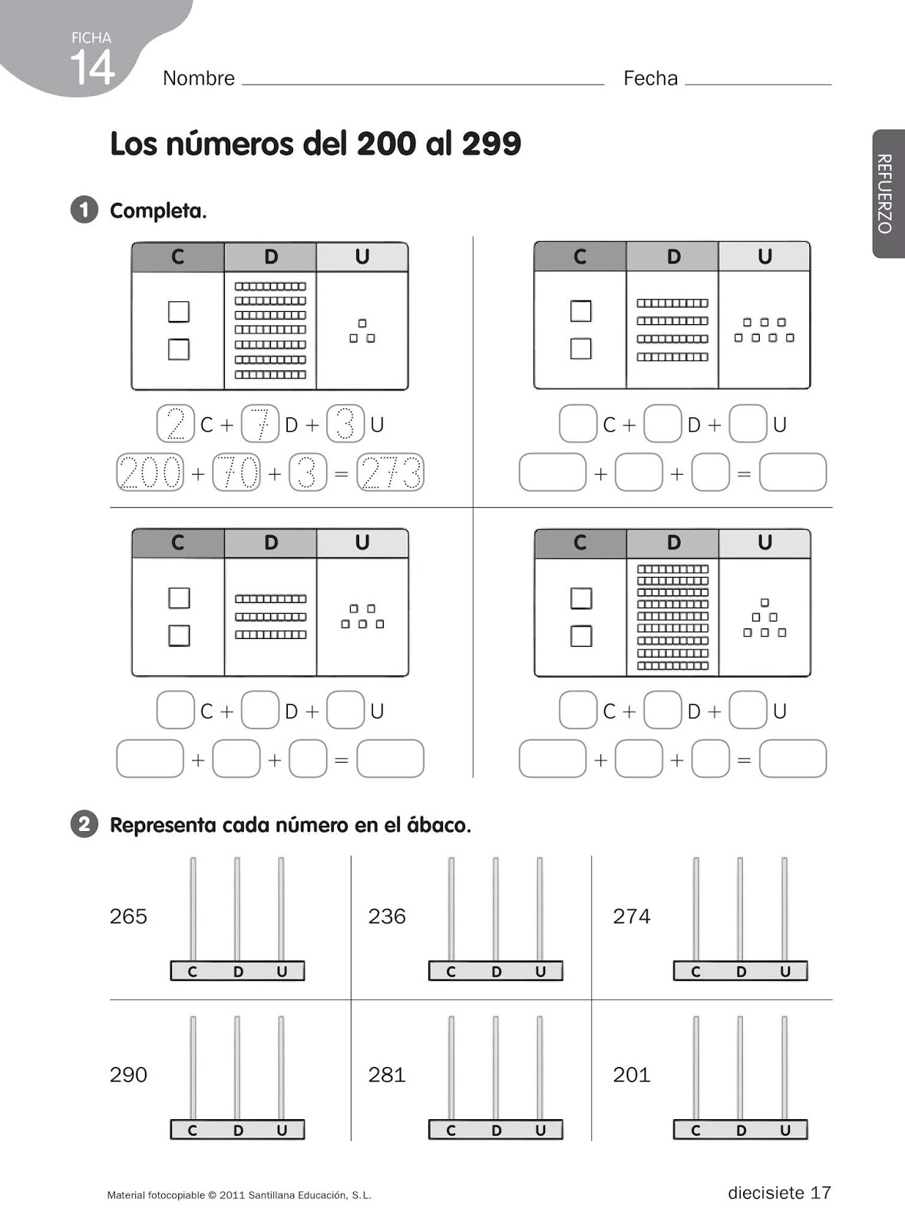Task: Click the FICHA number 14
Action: point(92,68)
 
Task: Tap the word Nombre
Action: point(199,78)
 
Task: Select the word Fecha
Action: point(650,78)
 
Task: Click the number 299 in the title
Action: point(491,144)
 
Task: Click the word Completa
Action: point(158,211)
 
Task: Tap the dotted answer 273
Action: point(391,472)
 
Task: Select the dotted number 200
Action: point(150,472)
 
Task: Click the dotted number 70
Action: point(236,472)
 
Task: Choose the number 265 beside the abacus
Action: point(128,916)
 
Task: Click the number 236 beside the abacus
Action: point(387,916)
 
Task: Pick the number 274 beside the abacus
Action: point(632,916)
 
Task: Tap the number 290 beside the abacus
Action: point(128,1075)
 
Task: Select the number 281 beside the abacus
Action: point(387,1075)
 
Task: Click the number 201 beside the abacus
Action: point(632,1075)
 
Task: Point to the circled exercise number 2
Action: point(84,825)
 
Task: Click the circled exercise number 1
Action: point(84,210)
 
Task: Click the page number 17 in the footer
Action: point(821,1193)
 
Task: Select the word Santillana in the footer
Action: point(275,1195)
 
